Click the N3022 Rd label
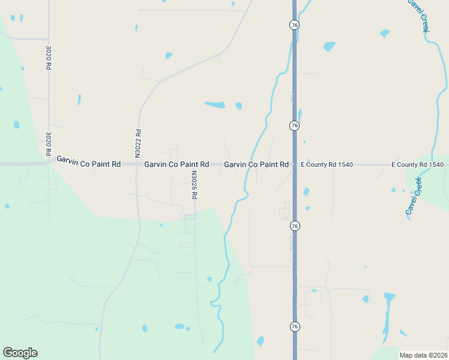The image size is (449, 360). (x=137, y=143)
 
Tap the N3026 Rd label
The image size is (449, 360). (x=194, y=185)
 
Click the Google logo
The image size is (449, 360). (x=20, y=353)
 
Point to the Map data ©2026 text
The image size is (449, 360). (x=423, y=355)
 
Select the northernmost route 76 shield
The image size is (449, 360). (x=294, y=25)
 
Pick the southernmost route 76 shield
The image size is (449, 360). (x=294, y=326)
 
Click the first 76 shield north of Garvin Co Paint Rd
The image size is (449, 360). (x=294, y=125)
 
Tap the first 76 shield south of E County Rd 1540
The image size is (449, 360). (x=294, y=226)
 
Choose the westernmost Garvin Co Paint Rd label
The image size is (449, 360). (x=89, y=161)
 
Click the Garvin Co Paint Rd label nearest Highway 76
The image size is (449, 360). (x=256, y=164)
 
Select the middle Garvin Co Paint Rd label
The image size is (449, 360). (x=176, y=164)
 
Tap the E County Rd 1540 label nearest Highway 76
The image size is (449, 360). (x=327, y=164)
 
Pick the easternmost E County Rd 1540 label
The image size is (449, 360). (x=417, y=164)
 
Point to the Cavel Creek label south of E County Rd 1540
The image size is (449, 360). (x=414, y=196)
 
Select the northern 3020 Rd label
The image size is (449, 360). (x=48, y=58)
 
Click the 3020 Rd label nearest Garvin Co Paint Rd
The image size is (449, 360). (x=48, y=144)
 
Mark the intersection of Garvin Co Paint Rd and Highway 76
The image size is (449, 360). (x=294, y=164)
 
